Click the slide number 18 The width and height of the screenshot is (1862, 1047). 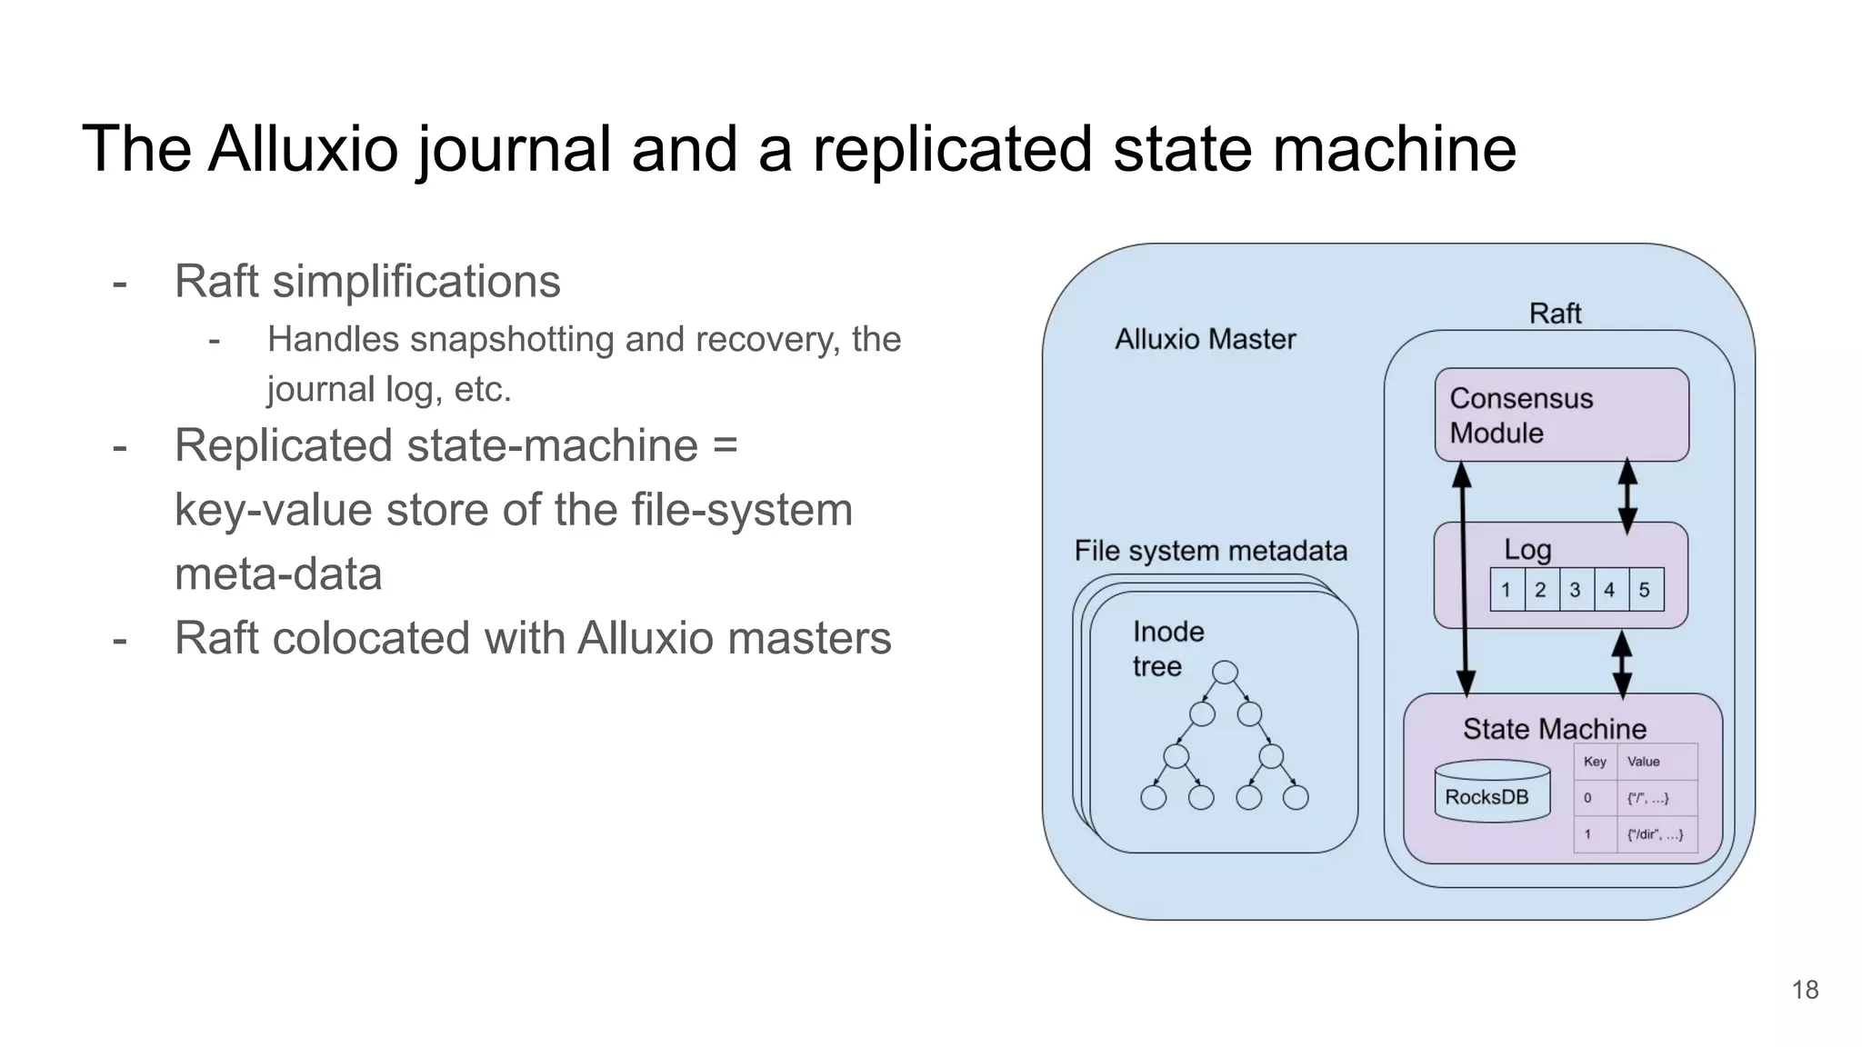[x=1805, y=990]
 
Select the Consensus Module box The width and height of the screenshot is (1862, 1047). [x=1561, y=414]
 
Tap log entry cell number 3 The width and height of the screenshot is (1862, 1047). [x=1575, y=590]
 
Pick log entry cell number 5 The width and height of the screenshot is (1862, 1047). [x=1645, y=590]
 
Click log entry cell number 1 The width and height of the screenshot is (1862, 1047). [x=1506, y=590]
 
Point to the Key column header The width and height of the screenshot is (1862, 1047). [x=1595, y=762]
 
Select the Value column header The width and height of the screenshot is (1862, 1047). [x=1643, y=762]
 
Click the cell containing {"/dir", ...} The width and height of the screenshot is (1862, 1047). [x=1655, y=834]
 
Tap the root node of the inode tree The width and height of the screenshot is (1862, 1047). [x=1225, y=673]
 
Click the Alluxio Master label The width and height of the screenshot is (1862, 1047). [x=1205, y=339]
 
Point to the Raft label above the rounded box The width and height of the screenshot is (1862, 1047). [x=1555, y=314]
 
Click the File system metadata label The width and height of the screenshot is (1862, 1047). [x=1210, y=551]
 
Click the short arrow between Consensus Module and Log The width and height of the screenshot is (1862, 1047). [x=1627, y=495]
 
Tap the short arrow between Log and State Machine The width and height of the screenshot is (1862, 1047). [x=1622, y=664]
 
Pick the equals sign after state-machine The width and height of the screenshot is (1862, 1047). [x=725, y=446]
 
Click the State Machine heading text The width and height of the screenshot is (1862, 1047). [x=1554, y=729]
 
